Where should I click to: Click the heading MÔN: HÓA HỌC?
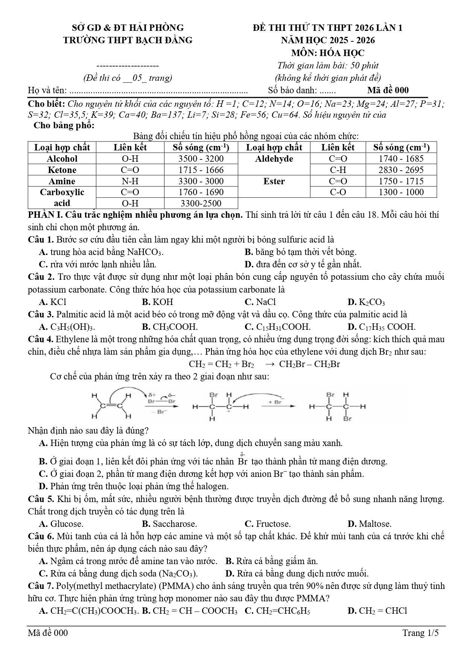tap(327, 53)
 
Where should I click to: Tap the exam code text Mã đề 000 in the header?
tap(388, 90)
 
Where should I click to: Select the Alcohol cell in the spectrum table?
tap(62, 159)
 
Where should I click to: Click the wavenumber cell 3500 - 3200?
tap(201, 159)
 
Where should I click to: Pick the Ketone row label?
tap(62, 170)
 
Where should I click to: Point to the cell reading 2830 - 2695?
tap(401, 170)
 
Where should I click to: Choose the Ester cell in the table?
tap(274, 181)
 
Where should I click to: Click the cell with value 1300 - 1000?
tap(401, 192)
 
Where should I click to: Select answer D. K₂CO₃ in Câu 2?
tap(366, 302)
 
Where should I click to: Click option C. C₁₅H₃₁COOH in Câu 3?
tap(277, 327)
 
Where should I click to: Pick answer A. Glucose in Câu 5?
tap(61, 524)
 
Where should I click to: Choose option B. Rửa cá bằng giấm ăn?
tap(271, 561)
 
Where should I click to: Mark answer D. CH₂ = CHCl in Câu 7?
tap(377, 611)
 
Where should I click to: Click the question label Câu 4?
tap(41, 339)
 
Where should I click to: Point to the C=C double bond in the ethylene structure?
tap(111, 406)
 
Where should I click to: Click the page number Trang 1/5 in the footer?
tap(420, 633)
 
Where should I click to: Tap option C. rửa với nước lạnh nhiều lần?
tap(97, 264)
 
